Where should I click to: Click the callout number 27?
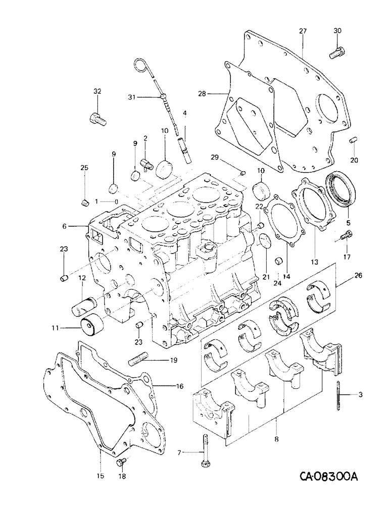[x=303, y=31]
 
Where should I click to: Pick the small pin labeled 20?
[x=354, y=139]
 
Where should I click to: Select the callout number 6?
[x=65, y=227]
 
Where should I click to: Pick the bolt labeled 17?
[x=348, y=235]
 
